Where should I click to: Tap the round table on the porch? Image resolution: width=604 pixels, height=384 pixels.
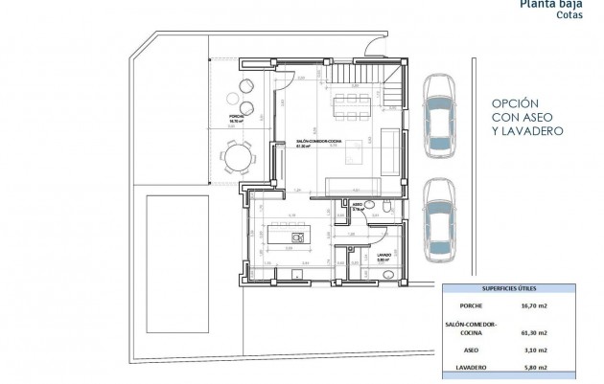click(235, 155)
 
